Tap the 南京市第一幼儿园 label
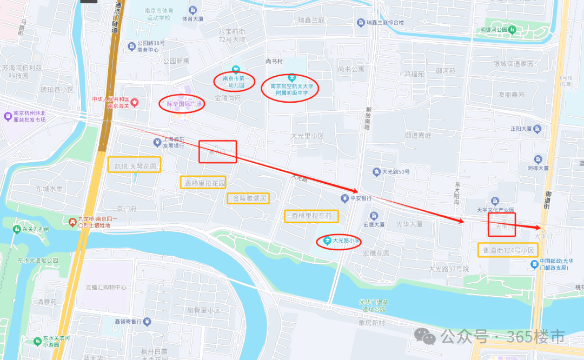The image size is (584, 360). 234,82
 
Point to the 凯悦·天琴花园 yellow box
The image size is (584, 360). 135,166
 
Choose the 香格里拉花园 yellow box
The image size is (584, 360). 203,183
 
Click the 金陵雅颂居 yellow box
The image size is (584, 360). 248,198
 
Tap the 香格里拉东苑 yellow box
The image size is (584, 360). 311,216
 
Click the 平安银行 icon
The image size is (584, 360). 344,198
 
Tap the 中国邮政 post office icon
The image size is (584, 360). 534,264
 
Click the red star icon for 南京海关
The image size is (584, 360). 135,102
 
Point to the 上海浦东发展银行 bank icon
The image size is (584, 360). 156,142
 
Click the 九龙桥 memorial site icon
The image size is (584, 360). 71,221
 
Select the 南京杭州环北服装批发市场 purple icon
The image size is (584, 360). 8,116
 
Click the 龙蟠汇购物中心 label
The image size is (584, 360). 105,287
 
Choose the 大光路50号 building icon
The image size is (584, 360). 376,172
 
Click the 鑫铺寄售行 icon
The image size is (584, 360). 147,322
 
